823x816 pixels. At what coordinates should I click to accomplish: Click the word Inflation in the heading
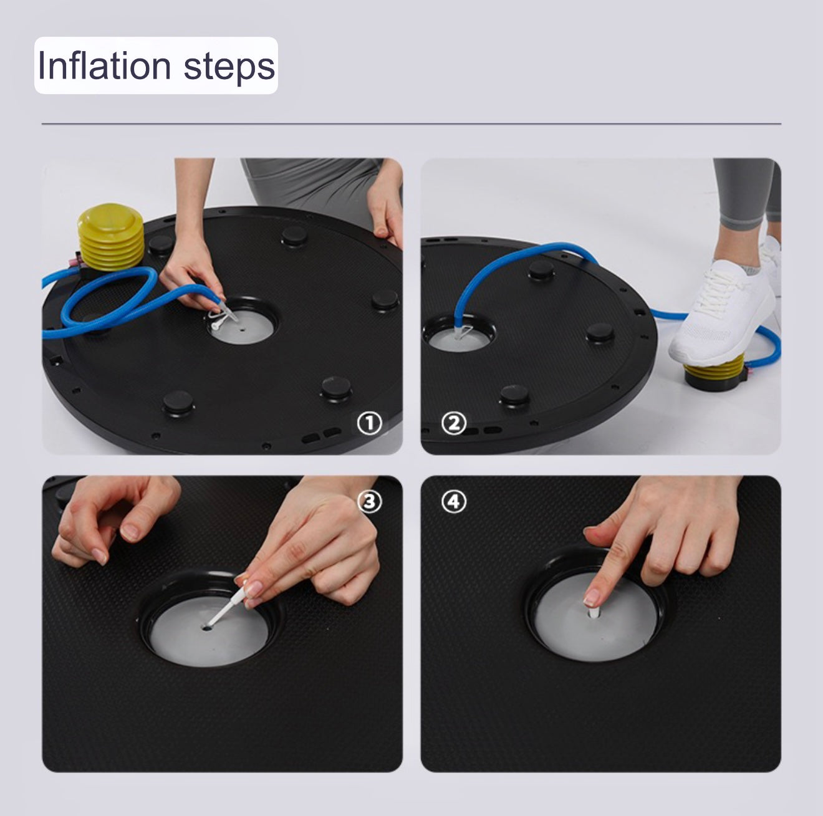click(104, 65)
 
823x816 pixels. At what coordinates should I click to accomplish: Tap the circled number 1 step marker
click(369, 423)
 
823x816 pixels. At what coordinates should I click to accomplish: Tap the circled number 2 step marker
click(454, 423)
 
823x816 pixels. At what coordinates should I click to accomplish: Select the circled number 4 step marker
click(454, 501)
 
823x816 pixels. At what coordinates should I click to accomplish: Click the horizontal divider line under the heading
click(412, 124)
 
